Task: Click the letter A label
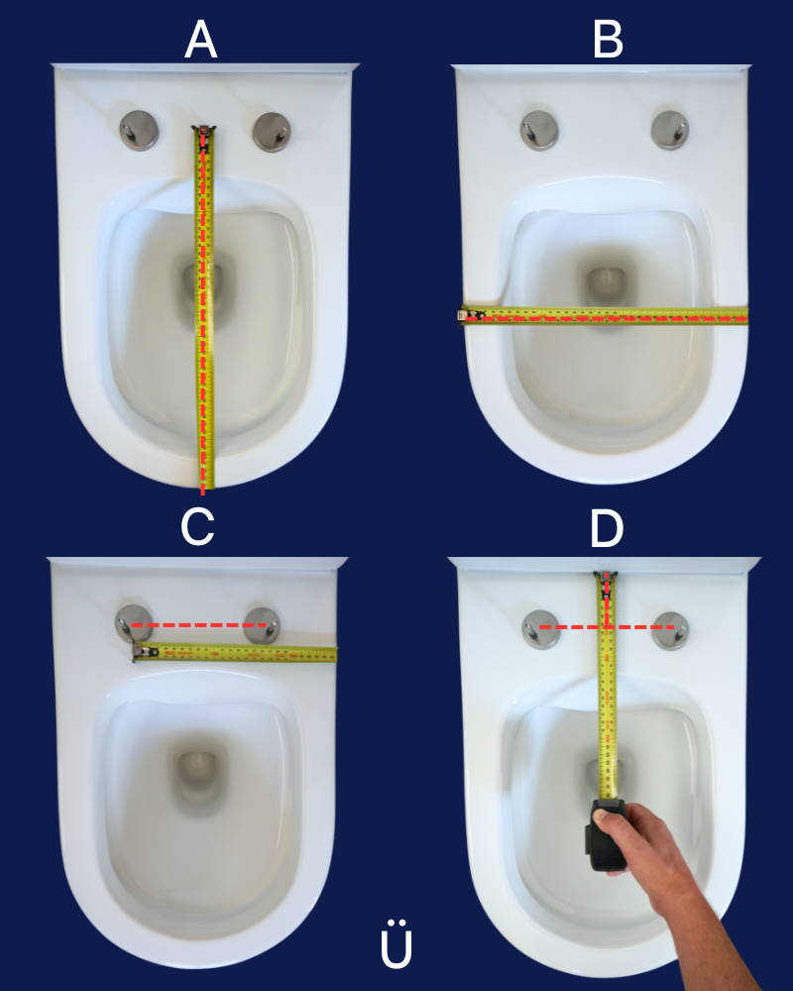click(x=201, y=40)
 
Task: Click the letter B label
click(x=609, y=40)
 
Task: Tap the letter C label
click(x=198, y=526)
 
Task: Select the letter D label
click(x=607, y=528)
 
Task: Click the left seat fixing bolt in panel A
click(x=139, y=130)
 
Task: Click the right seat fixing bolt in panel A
click(x=272, y=132)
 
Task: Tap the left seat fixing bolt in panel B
click(x=539, y=130)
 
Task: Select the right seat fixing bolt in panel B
click(x=670, y=130)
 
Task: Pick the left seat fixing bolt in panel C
click(x=134, y=623)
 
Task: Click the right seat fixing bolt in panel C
click(x=262, y=625)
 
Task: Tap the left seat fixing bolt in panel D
click(x=541, y=629)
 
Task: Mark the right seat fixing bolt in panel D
click(x=670, y=630)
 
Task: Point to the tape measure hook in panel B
click(x=464, y=314)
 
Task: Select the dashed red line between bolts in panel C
click(x=198, y=625)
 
